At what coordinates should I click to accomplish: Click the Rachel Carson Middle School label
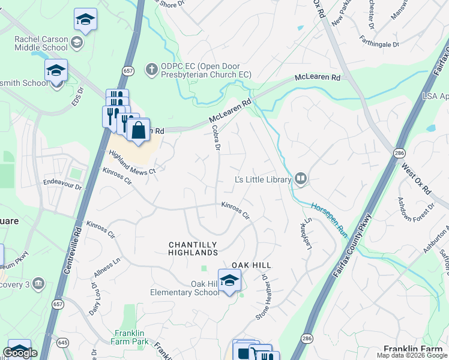pyautogui.click(x=41, y=43)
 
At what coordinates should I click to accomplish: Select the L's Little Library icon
pyautogui.click(x=301, y=178)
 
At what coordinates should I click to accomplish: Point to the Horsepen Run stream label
pyautogui.click(x=329, y=218)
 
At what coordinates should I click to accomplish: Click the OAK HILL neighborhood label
pyautogui.click(x=252, y=265)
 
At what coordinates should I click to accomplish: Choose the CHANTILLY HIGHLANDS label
pyautogui.click(x=193, y=249)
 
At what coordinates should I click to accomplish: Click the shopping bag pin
pyautogui.click(x=139, y=130)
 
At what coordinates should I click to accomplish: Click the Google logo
pyautogui.click(x=20, y=353)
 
